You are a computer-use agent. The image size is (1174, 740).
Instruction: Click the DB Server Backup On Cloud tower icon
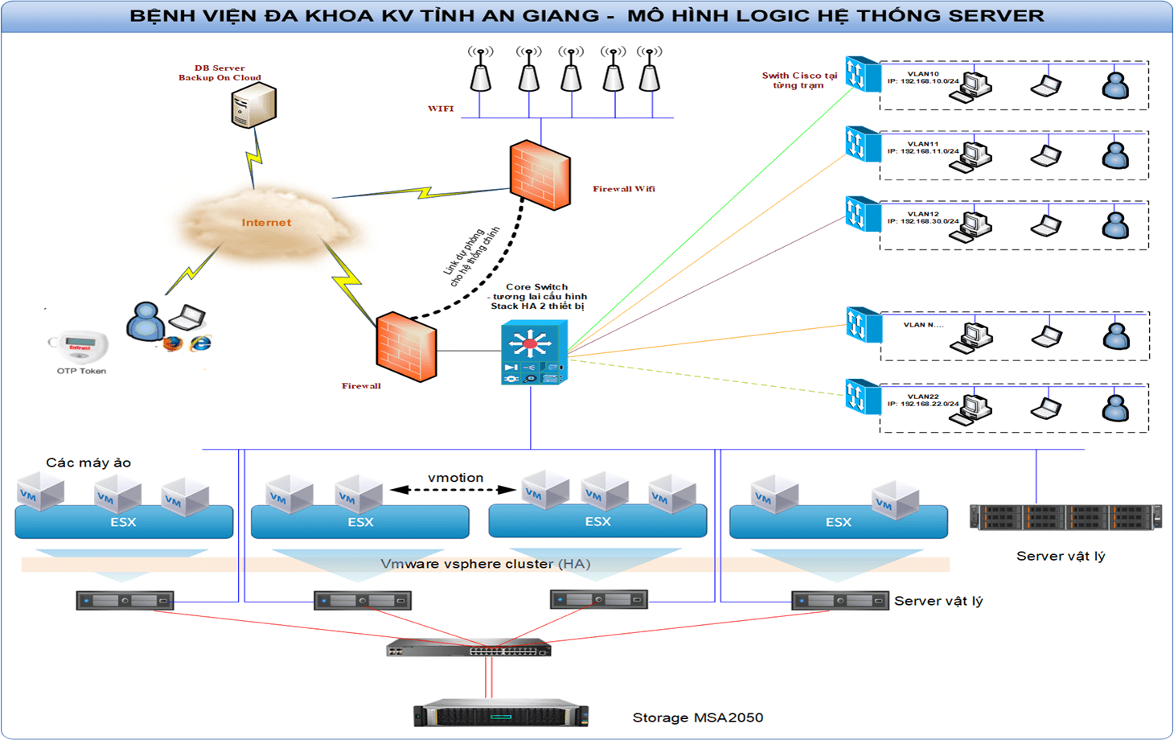tap(253, 107)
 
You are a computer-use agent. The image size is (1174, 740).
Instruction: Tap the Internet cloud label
tap(266, 223)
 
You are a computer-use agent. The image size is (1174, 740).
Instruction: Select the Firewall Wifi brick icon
tap(540, 175)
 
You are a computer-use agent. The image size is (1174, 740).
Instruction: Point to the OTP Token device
tap(79, 346)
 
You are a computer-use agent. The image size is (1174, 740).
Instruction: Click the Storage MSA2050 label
tap(697, 717)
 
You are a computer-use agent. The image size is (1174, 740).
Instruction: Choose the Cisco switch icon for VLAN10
tap(863, 74)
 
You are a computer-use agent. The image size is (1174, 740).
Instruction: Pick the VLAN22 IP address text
tap(923, 404)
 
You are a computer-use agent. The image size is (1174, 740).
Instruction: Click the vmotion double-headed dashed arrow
tap(454, 489)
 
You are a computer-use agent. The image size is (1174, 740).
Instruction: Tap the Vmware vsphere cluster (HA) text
tap(486, 564)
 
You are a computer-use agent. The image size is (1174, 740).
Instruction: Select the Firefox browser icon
tap(172, 344)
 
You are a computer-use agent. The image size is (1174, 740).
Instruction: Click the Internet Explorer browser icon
tap(200, 343)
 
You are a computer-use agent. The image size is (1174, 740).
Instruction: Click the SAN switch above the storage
tap(469, 647)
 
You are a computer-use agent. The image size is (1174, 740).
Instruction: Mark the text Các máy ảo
tap(88, 462)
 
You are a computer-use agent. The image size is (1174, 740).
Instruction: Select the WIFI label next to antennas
tap(441, 109)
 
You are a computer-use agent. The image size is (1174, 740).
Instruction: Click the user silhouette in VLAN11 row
tap(1115, 154)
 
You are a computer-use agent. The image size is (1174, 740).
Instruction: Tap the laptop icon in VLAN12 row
tap(1046, 225)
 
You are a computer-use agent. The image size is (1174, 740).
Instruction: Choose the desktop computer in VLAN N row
tap(971, 337)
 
